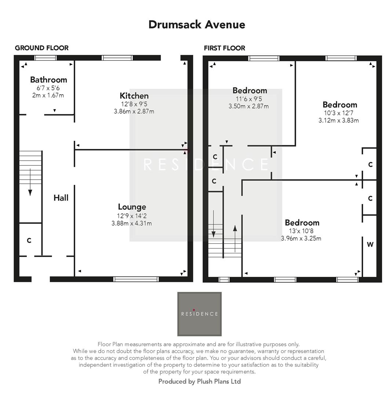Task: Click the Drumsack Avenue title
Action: [197, 25]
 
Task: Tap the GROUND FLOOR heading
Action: [41, 48]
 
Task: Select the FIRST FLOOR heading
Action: [224, 48]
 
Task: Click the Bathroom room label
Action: [48, 80]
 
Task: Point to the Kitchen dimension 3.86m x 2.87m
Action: [134, 111]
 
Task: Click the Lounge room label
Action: [132, 207]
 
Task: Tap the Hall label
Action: [61, 198]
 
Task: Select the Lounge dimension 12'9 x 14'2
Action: [132, 216]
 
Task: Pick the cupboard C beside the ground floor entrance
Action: [29, 241]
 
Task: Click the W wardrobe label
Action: [370, 245]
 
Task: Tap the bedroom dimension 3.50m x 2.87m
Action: [248, 106]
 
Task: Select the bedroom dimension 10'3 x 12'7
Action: [339, 113]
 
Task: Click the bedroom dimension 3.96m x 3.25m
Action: [301, 238]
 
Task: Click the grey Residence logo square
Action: [200, 314]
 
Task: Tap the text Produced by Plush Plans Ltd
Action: [199, 381]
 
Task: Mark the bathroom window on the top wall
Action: [45, 58]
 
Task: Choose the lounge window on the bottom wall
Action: [136, 279]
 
